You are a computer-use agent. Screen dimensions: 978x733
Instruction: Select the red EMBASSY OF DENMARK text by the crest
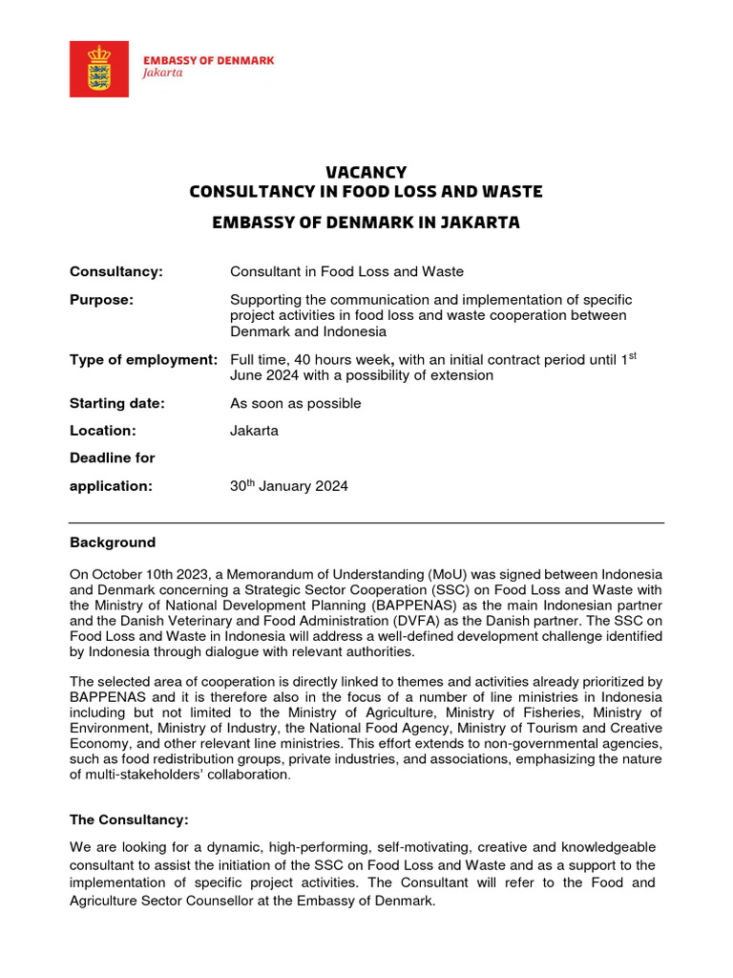[x=208, y=59]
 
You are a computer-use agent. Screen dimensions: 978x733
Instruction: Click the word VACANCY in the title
[x=366, y=172]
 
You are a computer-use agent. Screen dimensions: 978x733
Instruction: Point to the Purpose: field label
[x=101, y=300]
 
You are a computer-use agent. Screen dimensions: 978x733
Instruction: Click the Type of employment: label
[x=144, y=359]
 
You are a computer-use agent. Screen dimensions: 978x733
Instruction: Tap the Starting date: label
[x=117, y=403]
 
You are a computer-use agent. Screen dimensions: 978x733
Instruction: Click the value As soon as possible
[x=295, y=403]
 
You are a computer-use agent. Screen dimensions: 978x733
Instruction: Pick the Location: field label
[x=103, y=431]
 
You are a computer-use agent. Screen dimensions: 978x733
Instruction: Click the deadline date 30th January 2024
[x=288, y=486]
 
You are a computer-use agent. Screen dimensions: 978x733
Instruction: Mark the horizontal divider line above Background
[x=366, y=522]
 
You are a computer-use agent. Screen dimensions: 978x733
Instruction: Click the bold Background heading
[x=113, y=542]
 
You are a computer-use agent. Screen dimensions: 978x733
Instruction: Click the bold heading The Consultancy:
[x=129, y=819]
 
